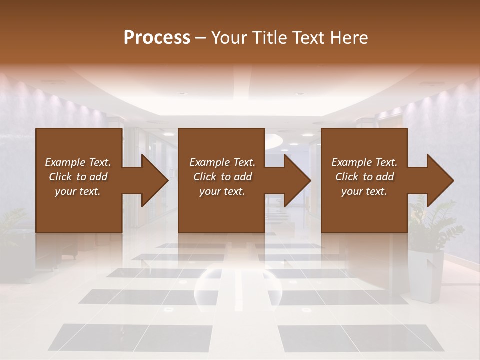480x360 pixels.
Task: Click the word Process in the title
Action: (157, 38)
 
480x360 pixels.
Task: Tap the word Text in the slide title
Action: (309, 38)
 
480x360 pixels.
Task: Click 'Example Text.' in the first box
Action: (78, 162)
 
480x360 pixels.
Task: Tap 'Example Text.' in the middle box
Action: (222, 162)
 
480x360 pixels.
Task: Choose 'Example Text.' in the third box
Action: (364, 162)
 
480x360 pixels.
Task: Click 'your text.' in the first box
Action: (78, 191)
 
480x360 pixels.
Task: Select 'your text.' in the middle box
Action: (222, 191)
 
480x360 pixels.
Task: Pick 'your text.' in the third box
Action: (364, 191)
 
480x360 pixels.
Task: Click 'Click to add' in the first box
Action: (78, 177)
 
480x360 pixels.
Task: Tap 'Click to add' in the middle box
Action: (222, 177)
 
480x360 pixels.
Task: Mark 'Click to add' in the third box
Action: (364, 177)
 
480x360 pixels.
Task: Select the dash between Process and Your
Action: (200, 38)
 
